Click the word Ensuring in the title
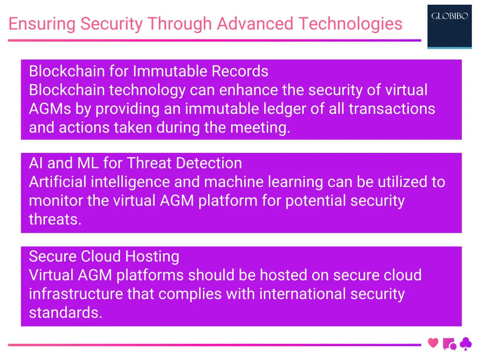[x=42, y=23]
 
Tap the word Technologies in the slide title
[x=350, y=23]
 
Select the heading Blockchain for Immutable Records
[x=149, y=71]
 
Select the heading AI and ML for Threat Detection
[x=135, y=163]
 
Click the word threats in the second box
[x=55, y=219]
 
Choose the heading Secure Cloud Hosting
[x=104, y=256]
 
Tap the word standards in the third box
[x=65, y=313]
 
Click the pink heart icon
[x=433, y=343]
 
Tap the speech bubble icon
[x=449, y=344]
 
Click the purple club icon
[x=465, y=344]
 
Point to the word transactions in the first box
[x=391, y=109]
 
